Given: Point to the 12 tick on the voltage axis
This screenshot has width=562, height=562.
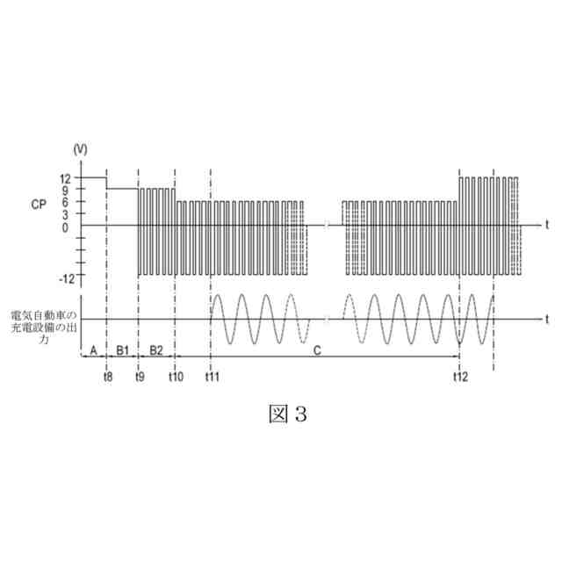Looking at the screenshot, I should (66, 177).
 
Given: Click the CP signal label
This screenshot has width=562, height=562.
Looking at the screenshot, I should (38, 205).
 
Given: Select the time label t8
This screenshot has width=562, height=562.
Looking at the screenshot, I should (106, 377).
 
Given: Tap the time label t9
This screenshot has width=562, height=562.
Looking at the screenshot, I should (140, 377).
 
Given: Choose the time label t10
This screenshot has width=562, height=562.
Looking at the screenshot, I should (176, 377).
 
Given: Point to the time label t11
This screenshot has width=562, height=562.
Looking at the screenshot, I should (211, 377).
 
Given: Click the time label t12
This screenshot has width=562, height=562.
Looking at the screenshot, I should (460, 377).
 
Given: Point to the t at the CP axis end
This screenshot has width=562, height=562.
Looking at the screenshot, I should (545, 225).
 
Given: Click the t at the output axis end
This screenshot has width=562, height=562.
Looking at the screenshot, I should (545, 319).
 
